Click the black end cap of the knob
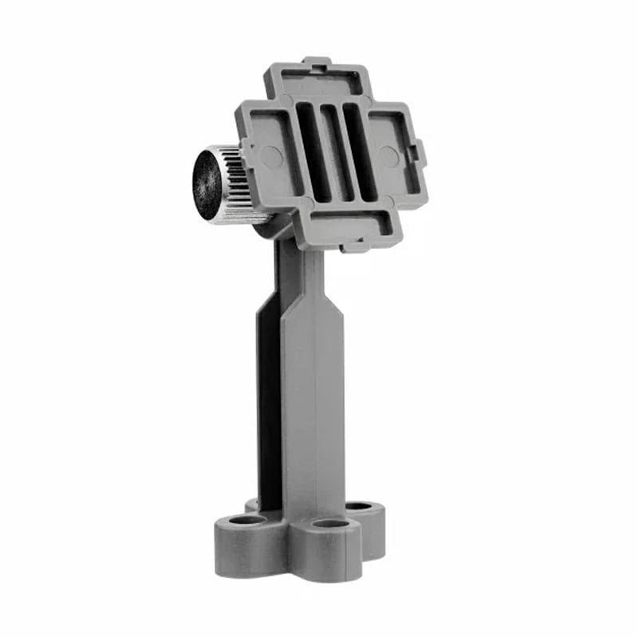click(x=207, y=184)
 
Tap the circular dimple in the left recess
click(x=272, y=156)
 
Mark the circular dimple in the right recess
click(x=388, y=156)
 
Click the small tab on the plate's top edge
click(x=317, y=61)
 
